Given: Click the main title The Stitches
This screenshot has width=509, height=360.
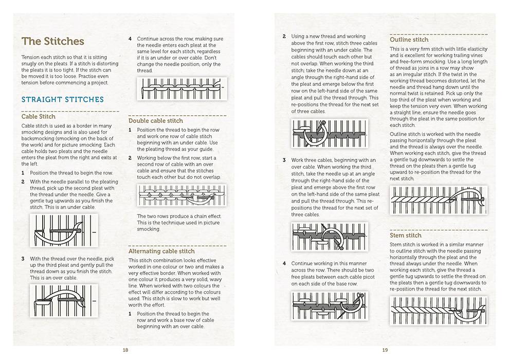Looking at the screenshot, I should [52, 41].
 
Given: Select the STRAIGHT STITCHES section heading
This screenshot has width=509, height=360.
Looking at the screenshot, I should [62, 99].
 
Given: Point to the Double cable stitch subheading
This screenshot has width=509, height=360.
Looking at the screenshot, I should [156, 121].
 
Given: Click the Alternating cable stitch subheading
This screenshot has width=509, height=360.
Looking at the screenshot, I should [161, 251].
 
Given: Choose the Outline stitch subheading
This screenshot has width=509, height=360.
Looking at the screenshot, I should [409, 40].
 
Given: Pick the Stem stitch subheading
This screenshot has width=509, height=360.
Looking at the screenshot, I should [406, 235].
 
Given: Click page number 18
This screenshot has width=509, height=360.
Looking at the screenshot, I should [125, 350].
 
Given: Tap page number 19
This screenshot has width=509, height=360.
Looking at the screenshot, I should [385, 350].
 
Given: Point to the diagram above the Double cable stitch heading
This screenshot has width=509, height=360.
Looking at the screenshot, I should [181, 89].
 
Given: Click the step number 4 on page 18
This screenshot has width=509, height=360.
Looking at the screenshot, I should [130, 38].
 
